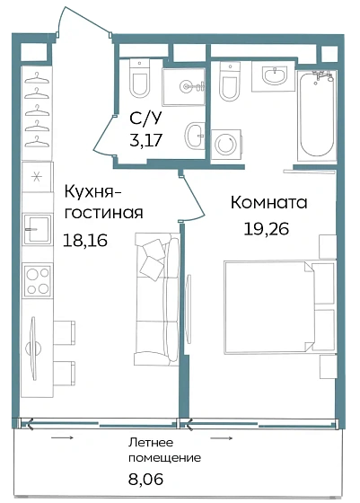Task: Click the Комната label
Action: click(268, 203)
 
